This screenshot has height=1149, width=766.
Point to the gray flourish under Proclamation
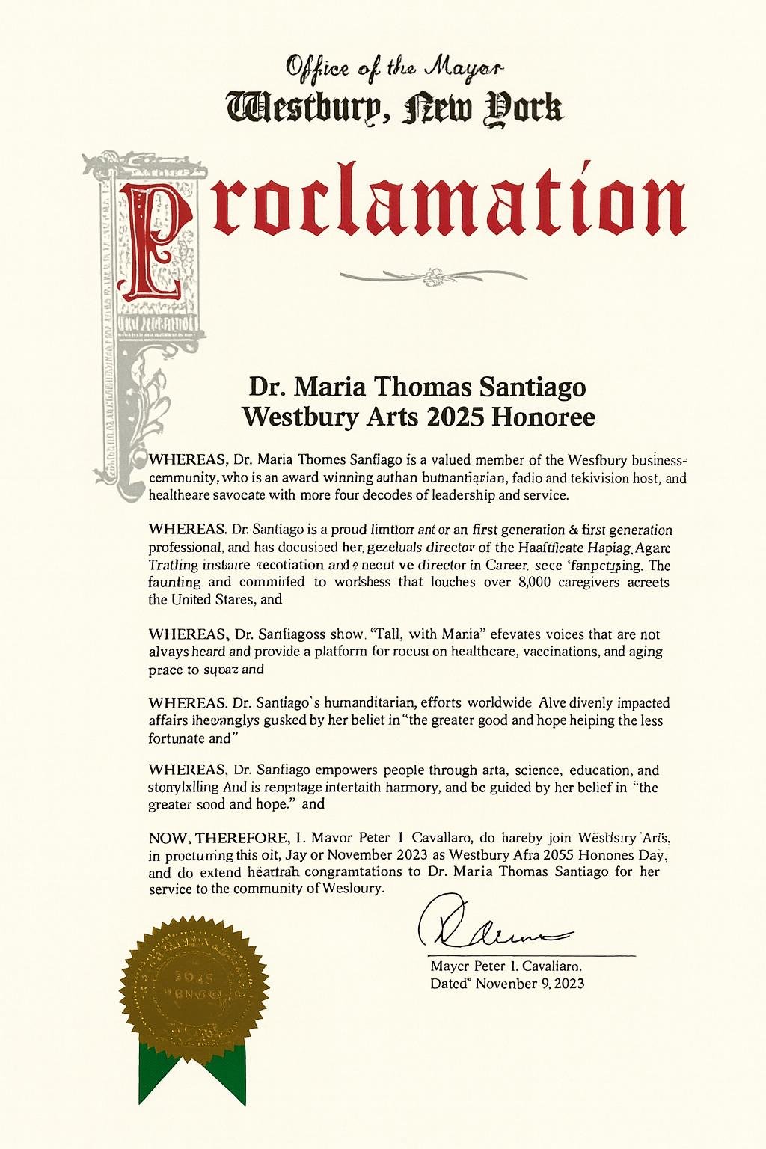click(x=432, y=275)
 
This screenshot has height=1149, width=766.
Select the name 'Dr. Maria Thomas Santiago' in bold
click(x=417, y=387)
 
